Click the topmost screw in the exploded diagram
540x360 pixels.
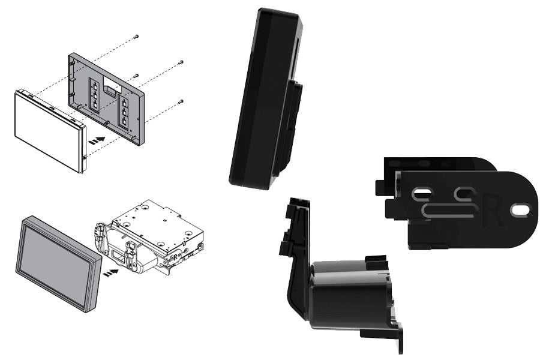point(136,36)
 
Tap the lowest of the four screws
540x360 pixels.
point(181,101)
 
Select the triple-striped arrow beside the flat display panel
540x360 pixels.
point(97,140)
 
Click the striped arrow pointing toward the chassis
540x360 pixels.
point(110,272)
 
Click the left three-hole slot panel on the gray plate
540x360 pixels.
point(95,94)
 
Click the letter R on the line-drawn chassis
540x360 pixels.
point(176,256)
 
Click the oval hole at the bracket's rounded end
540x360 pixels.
point(520,209)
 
